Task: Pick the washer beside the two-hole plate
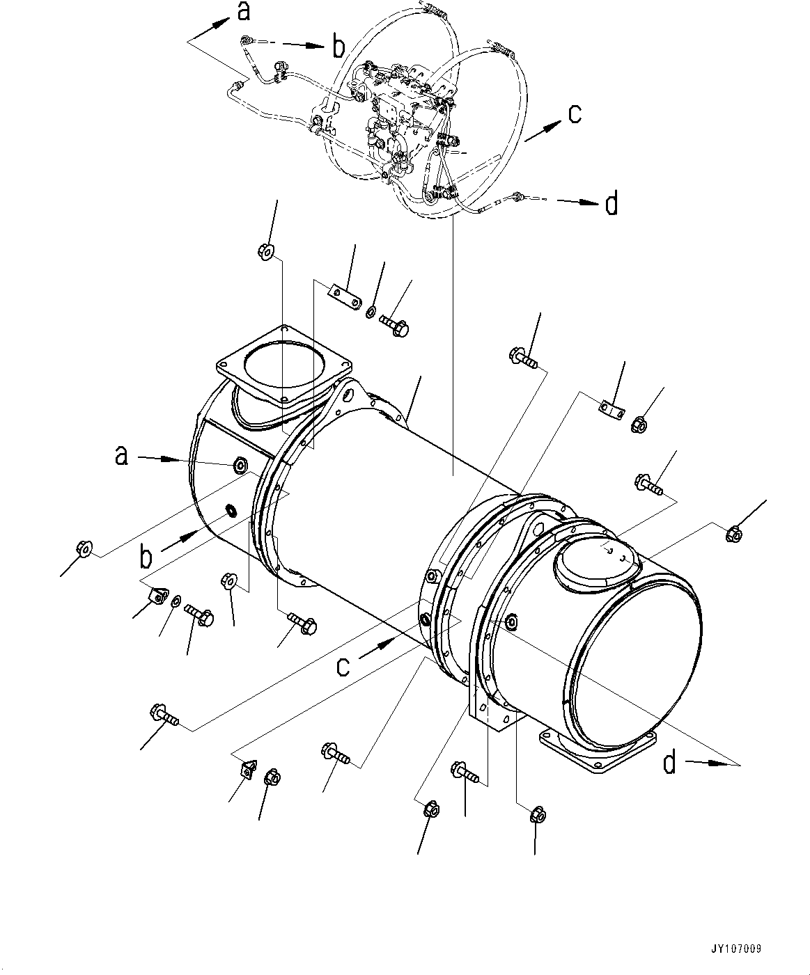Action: point(371,309)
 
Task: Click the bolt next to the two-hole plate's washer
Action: point(395,325)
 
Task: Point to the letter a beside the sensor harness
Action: point(242,12)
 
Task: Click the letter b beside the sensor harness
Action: point(338,47)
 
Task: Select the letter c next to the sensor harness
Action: point(575,114)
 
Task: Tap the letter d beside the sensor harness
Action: point(612,205)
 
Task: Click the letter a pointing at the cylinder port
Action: point(122,456)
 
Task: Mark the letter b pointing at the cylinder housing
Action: point(146,557)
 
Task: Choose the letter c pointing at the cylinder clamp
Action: point(343,665)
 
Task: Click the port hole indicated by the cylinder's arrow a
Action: point(240,464)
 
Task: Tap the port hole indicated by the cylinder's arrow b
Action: point(230,512)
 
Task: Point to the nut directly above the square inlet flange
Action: point(265,251)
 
